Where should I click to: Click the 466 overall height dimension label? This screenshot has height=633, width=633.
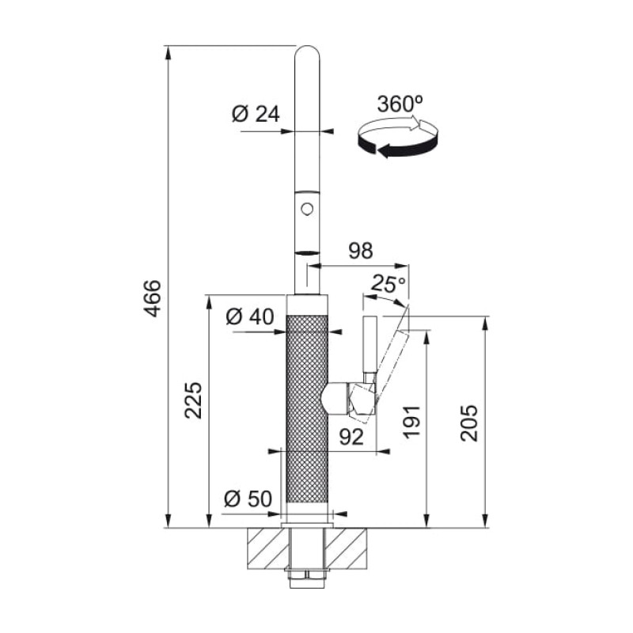(x=153, y=298)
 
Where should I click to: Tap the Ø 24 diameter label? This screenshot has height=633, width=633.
(x=256, y=114)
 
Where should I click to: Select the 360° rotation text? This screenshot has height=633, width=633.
(x=400, y=104)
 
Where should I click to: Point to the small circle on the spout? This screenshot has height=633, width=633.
(x=307, y=209)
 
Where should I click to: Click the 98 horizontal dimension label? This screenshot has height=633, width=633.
(x=361, y=251)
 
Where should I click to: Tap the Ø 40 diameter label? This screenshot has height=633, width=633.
(x=249, y=316)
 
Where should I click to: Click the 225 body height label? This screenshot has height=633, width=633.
(x=193, y=400)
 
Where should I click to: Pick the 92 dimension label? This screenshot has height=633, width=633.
(x=351, y=437)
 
